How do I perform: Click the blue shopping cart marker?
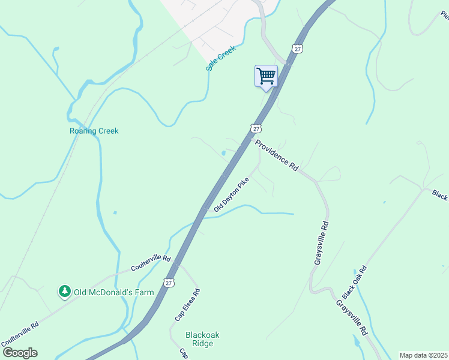coord(266,77)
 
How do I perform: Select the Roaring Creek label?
coord(94,131)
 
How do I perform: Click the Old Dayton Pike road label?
coord(231,194)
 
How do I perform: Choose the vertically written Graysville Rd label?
coord(321,244)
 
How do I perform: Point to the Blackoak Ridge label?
coord(191,340)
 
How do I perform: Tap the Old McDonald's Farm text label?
coord(113,292)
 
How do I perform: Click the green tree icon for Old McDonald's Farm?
coord(64,292)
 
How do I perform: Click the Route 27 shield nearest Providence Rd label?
coord(256,128)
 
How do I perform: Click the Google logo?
coord(20,353)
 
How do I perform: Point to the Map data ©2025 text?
coord(423,355)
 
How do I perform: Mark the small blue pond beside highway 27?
coord(223,153)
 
